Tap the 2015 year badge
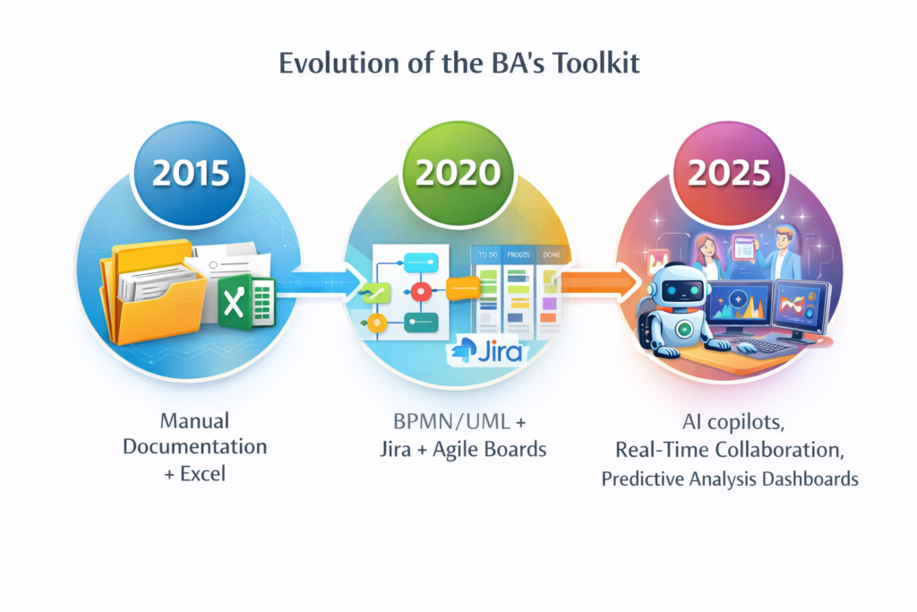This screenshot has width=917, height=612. point(191,173)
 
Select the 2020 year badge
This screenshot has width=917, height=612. point(458,173)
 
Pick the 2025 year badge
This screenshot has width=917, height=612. point(729,173)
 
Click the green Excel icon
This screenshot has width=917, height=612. point(246,301)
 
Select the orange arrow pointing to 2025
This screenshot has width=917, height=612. point(600,282)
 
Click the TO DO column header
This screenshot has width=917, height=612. point(488,255)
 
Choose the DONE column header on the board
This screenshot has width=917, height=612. point(551,255)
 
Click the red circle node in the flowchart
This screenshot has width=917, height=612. point(421,291)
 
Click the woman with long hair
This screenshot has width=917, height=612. point(707,257)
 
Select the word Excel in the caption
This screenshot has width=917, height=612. point(203,473)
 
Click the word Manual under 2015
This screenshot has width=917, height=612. point(194,420)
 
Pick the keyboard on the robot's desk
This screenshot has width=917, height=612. point(761,345)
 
